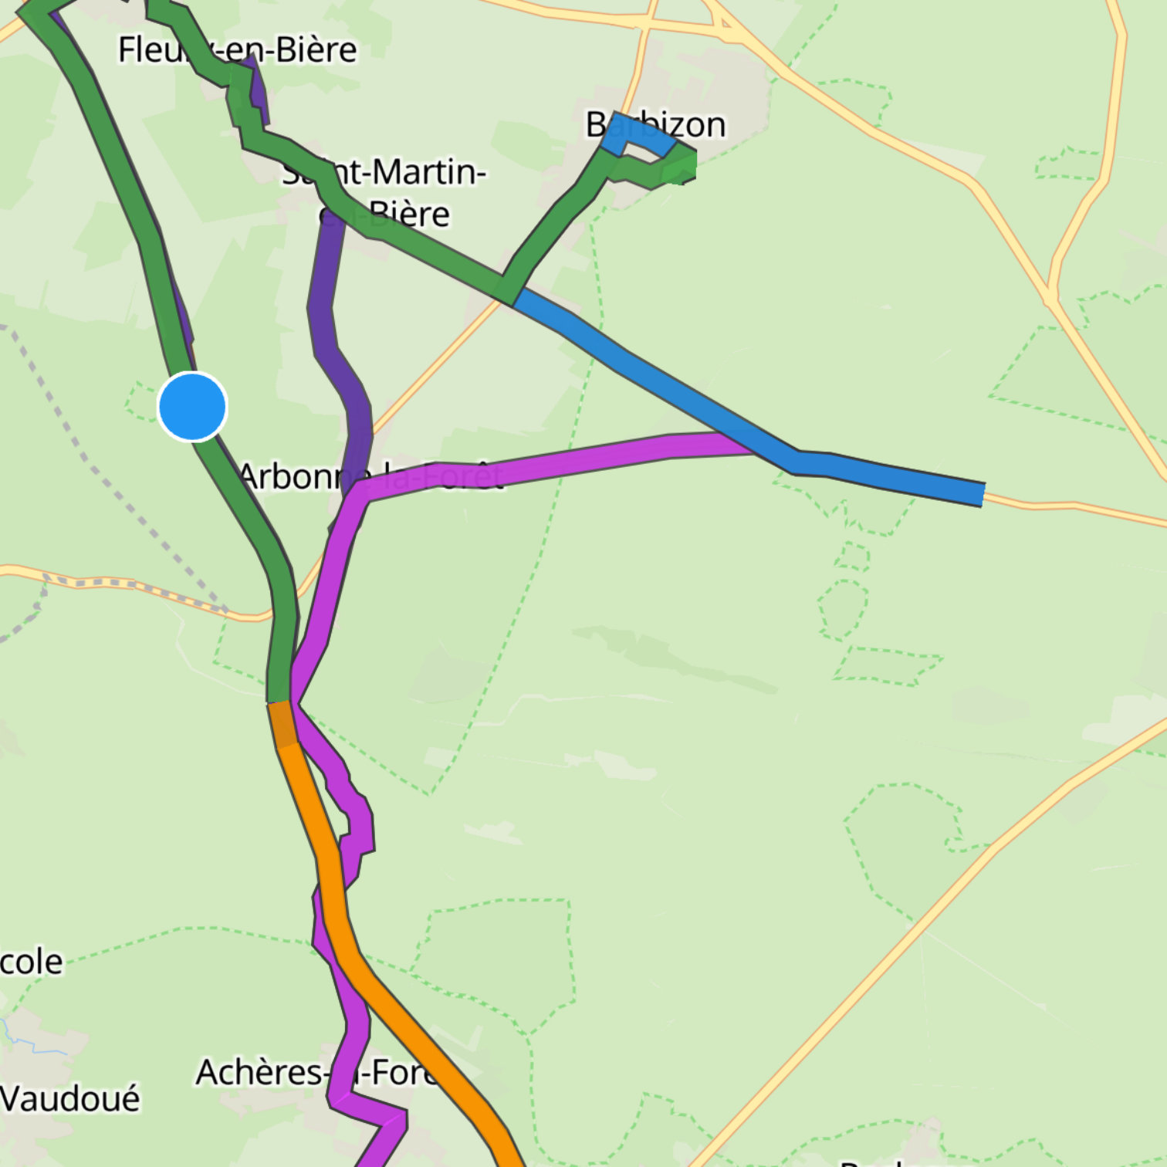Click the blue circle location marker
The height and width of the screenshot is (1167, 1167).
tap(192, 407)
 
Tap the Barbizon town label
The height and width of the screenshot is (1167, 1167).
tap(656, 124)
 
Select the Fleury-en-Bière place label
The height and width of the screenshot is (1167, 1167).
tap(237, 50)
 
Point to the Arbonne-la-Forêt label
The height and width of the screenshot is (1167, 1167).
tap(370, 476)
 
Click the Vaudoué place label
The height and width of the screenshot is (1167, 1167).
tap(69, 1098)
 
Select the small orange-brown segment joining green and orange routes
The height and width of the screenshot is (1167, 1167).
tap(282, 723)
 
